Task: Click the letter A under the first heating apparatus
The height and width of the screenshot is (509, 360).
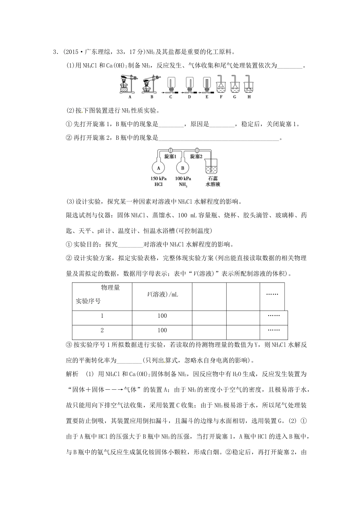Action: tap(130, 97)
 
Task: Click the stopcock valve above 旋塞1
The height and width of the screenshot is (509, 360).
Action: tap(171, 150)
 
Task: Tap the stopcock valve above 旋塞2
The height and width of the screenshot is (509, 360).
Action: tap(197, 150)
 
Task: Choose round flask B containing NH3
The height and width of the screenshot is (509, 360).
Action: tap(183, 167)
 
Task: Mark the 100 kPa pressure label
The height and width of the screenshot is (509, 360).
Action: tap(183, 178)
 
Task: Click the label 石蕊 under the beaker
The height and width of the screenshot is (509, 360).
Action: tap(213, 178)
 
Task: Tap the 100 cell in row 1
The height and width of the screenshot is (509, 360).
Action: tap(162, 316)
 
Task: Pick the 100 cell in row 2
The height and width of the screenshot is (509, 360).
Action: tap(162, 330)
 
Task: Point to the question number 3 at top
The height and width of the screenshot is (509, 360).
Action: tap(55, 52)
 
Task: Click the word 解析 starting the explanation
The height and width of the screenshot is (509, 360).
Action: tap(72, 374)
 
